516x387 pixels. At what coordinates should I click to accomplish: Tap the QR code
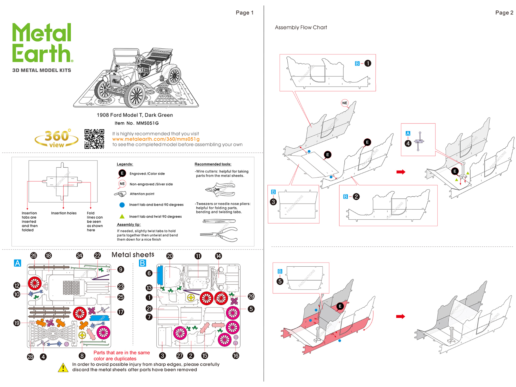tap(94, 139)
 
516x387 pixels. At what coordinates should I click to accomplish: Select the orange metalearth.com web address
tap(156, 139)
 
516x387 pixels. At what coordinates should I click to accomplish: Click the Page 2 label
tap(504, 13)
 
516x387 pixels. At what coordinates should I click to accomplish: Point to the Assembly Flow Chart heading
tap(301, 27)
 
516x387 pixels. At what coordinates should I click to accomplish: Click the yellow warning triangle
tap(63, 367)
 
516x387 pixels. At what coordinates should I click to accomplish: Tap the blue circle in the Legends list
tap(122, 205)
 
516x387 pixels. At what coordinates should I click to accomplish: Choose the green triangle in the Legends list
tap(122, 216)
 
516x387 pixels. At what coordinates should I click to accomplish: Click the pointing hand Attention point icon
tap(120, 194)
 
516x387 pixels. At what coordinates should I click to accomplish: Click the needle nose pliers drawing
tap(219, 234)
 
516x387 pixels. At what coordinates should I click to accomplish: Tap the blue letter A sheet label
tap(17, 263)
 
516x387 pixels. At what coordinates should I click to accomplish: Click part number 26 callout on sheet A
tap(34, 256)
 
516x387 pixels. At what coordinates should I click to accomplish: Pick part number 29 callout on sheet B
tap(251, 296)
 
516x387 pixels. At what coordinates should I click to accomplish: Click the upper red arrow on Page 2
tap(401, 172)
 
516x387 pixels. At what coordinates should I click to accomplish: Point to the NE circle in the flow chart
tap(345, 103)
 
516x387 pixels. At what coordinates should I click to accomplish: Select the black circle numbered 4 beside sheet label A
tap(408, 143)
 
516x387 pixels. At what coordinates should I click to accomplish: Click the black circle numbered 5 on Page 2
tap(280, 281)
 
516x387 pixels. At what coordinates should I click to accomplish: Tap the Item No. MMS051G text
tap(136, 123)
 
